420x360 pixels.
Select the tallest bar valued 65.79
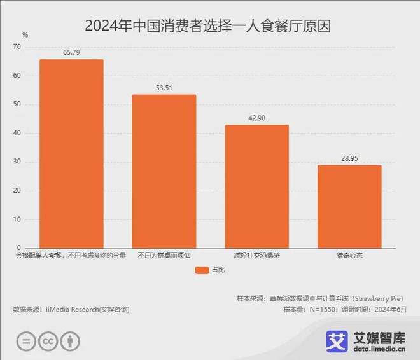click(71, 153)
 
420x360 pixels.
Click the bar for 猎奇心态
click(349, 206)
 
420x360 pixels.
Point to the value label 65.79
click(71, 52)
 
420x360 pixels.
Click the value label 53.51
click(164, 88)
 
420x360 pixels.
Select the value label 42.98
click(256, 118)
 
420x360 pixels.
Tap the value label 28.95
click(349, 158)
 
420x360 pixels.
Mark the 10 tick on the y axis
click(18, 219)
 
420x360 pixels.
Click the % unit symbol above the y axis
click(25, 35)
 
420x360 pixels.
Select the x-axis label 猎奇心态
click(349, 256)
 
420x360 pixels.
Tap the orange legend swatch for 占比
click(202, 270)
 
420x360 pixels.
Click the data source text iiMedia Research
click(71, 309)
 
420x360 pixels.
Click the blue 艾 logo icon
click(337, 341)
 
